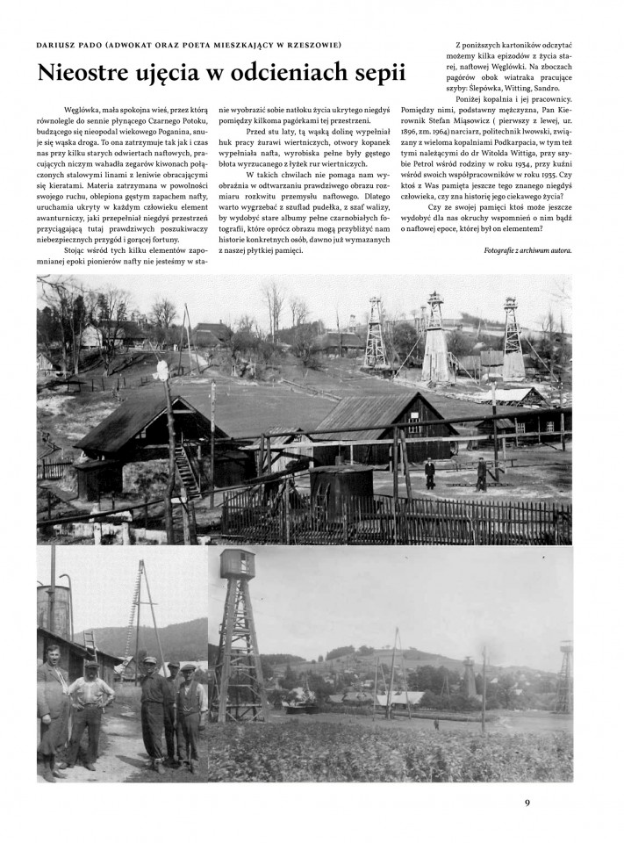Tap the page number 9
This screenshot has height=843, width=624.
(x=527, y=801)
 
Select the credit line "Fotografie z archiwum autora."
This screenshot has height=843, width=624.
(x=521, y=250)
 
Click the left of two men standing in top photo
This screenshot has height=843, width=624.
(x=429, y=472)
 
